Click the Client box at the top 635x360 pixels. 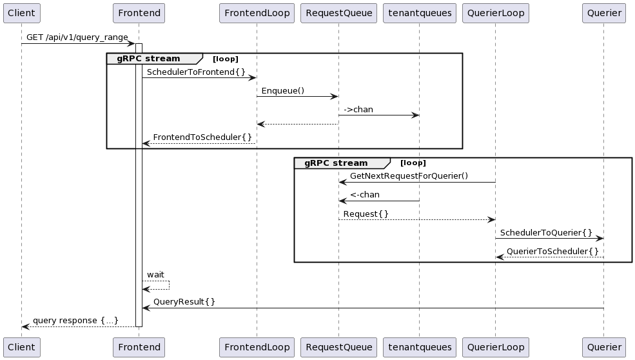tap(21, 13)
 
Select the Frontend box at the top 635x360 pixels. tap(139, 13)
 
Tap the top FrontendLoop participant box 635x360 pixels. tap(257, 13)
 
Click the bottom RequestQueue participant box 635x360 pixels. tap(338, 347)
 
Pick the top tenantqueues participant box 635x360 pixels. tap(419, 13)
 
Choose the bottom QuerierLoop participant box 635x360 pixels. tap(495, 347)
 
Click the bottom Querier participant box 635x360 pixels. tap(604, 347)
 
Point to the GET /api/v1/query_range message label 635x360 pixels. tap(77, 37)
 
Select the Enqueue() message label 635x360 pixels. tap(282, 90)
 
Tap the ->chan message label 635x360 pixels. tap(358, 109)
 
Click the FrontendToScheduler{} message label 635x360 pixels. tap(202, 137)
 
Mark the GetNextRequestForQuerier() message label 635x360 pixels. tap(409, 175)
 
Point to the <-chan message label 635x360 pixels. tap(365, 194)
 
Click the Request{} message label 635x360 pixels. tap(366, 213)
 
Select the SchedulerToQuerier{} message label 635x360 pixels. tap(546, 232)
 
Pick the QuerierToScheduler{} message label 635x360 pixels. tap(552, 250)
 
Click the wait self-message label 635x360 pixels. tap(155, 275)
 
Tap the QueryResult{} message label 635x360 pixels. tap(184, 301)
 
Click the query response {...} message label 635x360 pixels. tap(75, 320)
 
